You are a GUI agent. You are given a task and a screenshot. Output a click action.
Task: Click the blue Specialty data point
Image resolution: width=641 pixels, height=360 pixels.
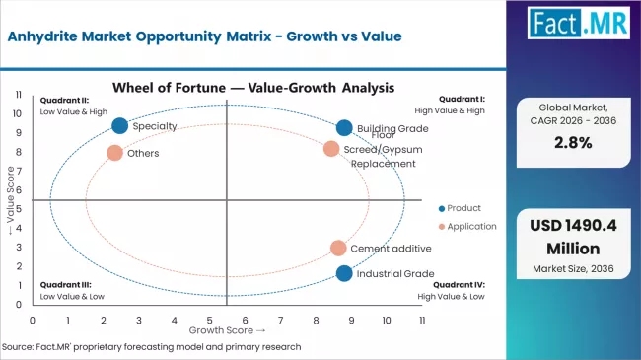120,125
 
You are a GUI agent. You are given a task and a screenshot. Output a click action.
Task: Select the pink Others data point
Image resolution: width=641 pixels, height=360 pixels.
115,153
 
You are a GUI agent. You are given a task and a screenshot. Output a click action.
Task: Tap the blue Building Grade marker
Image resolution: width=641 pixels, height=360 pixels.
344,128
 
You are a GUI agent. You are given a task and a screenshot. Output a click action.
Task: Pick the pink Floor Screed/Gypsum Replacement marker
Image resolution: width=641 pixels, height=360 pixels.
331,149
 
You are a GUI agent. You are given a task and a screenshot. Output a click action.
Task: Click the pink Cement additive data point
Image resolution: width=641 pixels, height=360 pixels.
338,249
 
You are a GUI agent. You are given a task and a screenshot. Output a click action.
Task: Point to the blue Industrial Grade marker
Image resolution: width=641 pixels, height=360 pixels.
344,273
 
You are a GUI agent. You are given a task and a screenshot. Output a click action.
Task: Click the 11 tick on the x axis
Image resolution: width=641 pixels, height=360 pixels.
421,321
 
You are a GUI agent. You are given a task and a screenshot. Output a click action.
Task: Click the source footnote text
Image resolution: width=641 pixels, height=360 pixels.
152,347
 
